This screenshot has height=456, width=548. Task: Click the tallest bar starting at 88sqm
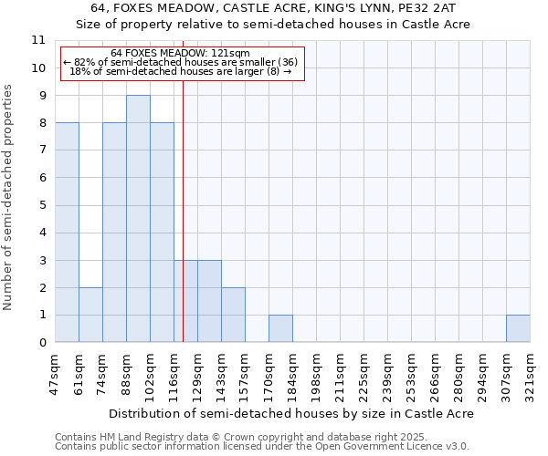pos(138,219)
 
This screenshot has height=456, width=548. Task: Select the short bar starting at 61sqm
pos(90,315)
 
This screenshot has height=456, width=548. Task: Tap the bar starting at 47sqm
pos(67,233)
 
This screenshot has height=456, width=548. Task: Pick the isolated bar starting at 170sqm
pos(280,328)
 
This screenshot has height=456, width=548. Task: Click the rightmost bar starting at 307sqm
pos(518,328)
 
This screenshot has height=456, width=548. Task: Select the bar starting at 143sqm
pos(233,315)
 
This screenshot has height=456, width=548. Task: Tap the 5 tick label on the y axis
pos(41,205)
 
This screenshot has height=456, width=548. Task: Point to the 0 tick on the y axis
pos(41,343)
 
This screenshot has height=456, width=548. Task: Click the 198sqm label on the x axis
pos(316,375)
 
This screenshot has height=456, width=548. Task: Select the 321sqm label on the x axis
pos(530,375)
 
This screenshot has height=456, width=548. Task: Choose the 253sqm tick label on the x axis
pos(411,375)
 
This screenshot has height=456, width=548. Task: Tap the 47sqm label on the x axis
pos(55,375)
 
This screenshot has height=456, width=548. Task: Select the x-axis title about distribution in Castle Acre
pos(291,413)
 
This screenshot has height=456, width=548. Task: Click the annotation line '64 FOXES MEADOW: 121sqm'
pos(180,54)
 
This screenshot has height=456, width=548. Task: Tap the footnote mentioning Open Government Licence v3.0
pos(262,447)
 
